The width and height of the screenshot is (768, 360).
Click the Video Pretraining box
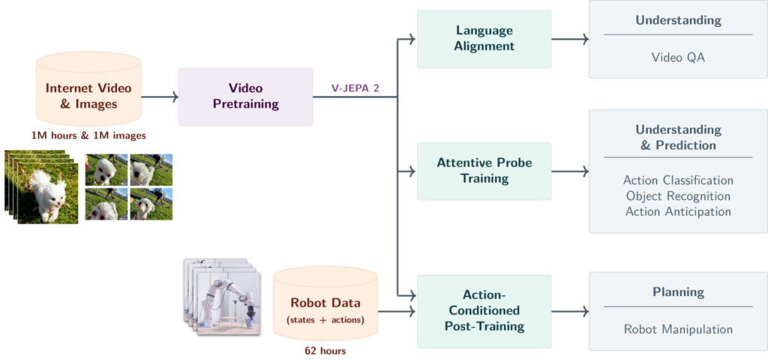pos(245,97)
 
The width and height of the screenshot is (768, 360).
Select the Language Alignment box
pos(484,39)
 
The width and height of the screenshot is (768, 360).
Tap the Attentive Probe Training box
pos(484,171)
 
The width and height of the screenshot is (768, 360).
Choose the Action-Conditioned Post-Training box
pos(484,311)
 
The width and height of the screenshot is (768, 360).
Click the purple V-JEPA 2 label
pos(355,88)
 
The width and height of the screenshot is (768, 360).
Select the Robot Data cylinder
pos(325,304)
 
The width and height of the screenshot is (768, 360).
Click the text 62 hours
pos(325,351)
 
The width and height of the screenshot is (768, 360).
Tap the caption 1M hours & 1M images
pos(88,136)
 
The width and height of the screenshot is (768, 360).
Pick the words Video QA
pos(678,57)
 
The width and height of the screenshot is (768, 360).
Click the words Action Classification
pos(678,180)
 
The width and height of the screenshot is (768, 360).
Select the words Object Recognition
pos(678,196)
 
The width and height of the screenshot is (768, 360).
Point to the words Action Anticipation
pos(678,211)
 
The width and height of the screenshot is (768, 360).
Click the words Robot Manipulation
pos(678,329)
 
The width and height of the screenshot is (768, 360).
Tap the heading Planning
pos(678,292)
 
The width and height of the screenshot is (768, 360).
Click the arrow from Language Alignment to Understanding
pos(570,39)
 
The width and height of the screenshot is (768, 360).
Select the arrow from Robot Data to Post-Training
pos(397,311)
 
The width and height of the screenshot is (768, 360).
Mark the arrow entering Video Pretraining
pos(160,97)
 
